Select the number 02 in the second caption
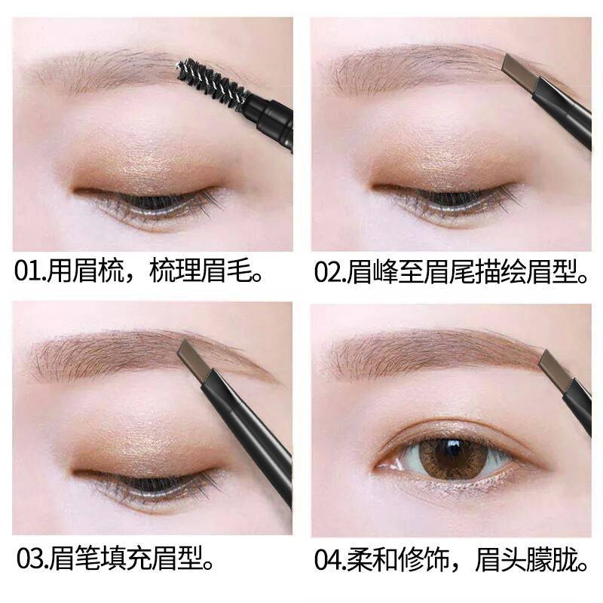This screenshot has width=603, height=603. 326,272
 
